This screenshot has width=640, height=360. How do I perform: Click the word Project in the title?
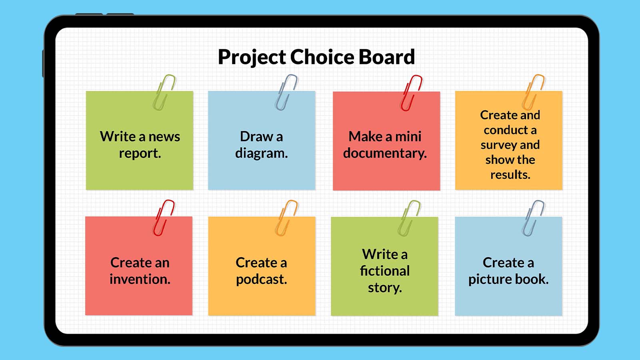click(252, 57)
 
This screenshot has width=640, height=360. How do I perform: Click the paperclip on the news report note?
click(164, 92)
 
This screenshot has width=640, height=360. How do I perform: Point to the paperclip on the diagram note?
click(286, 92)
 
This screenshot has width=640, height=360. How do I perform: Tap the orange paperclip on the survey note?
click(533, 92)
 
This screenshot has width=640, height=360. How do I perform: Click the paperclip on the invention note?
click(164, 218)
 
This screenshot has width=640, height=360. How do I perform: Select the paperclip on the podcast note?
click(286, 218)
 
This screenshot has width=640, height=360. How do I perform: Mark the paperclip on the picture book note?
click(533, 218)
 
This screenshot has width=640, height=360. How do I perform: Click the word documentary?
click(385, 153)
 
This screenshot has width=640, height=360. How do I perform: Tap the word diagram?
click(261, 153)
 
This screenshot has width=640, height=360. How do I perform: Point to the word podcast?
click(261, 279)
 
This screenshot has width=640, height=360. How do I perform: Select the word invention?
click(140, 279)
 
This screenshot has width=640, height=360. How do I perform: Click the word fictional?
click(385, 271)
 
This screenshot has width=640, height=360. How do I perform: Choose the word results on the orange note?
click(510, 175)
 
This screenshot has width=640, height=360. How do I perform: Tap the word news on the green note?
click(164, 137)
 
